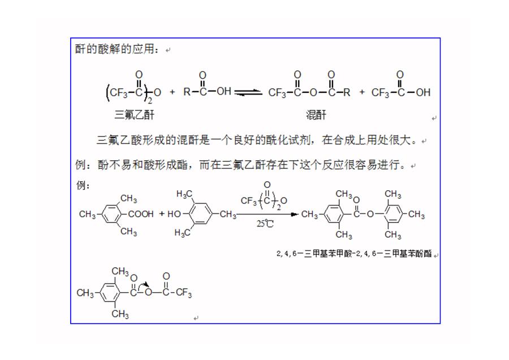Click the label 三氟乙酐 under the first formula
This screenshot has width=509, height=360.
135,115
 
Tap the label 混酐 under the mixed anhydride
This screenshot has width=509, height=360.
316,115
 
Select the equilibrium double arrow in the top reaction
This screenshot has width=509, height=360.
248,93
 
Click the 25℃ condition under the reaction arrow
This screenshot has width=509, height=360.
265,224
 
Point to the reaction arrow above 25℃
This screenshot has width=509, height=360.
267,215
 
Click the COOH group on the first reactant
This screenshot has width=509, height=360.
141,214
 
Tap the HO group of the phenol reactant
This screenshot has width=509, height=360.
174,214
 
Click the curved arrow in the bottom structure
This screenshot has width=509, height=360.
143,285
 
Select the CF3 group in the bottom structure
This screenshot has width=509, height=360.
184,293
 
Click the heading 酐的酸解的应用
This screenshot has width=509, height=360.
117,49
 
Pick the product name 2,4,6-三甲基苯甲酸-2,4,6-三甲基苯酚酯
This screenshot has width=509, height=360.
354,254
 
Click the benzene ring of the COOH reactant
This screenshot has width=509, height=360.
112,214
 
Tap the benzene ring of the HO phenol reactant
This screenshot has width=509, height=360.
200,214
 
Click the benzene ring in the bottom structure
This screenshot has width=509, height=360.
110,293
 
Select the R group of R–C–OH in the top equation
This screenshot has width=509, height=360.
187,92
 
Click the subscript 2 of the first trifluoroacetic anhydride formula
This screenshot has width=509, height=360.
150,101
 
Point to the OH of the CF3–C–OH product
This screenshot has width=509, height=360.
423,92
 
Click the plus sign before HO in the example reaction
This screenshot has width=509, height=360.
162,214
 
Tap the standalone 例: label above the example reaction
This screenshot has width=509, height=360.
83,186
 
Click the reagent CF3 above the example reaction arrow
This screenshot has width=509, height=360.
249,201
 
